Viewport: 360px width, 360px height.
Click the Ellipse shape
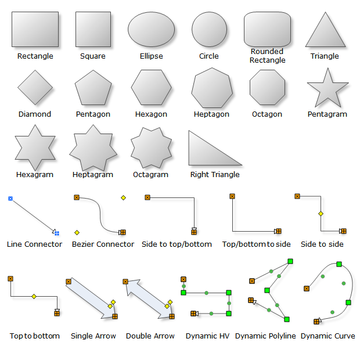(x=151, y=29)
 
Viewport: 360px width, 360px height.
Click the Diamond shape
(x=35, y=88)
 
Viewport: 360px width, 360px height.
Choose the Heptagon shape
(x=212, y=88)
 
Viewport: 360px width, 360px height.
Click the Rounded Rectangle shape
(x=267, y=29)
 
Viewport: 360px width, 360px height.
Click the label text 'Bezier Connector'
(x=103, y=244)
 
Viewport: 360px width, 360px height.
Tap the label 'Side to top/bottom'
(x=177, y=244)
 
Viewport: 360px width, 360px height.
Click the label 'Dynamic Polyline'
(x=265, y=336)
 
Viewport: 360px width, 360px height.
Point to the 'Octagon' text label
(x=267, y=114)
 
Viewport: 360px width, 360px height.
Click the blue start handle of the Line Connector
(x=10, y=199)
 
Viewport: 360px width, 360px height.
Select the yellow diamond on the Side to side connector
(x=320, y=214)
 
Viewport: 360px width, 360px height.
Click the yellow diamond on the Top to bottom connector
(x=34, y=297)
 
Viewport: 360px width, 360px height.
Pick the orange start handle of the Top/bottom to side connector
(x=232, y=196)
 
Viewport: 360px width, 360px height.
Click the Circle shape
(x=209, y=29)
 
